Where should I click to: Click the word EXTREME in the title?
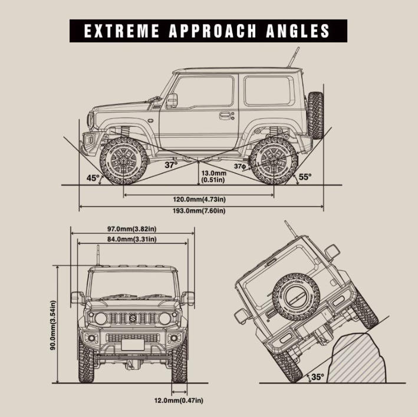coord(121,31)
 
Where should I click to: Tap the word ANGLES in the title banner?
coord(298,31)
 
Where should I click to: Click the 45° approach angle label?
coord(93,178)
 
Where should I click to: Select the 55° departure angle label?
coord(305,177)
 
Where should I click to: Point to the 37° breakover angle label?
coord(171,165)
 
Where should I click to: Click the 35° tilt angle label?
coord(318,377)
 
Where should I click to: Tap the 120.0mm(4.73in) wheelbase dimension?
coord(199,199)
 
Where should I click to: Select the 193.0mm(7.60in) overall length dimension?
coord(199,211)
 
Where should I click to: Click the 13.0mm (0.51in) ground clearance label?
coord(214,177)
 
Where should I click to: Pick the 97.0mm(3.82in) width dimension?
coord(132,229)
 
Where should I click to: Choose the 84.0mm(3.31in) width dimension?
coord(132,239)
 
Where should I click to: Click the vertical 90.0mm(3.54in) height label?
coord(53,325)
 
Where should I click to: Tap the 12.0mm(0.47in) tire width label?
coord(179,401)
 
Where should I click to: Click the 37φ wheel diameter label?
coord(240,167)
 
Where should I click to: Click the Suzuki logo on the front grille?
coord(133,318)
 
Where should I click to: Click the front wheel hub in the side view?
coord(124,161)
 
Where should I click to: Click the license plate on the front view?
coord(133,345)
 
